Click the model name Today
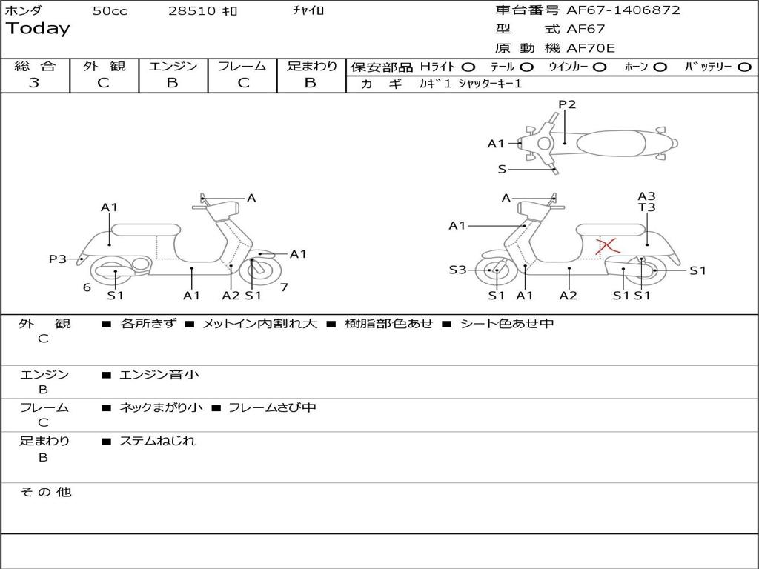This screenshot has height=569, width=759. [38, 29]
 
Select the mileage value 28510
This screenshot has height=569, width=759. [192, 11]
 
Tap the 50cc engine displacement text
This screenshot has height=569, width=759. [110, 11]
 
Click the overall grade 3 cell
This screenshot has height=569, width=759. [34, 82]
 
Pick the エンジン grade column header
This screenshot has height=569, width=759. [173, 66]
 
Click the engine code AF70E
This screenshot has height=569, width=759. [591, 49]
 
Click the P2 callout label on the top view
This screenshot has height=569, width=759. [567, 104]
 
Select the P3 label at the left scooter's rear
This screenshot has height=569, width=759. [58, 259]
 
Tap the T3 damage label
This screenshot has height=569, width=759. [647, 207]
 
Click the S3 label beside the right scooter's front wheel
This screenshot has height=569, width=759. [457, 270]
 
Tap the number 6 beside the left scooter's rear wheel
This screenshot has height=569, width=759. [87, 287]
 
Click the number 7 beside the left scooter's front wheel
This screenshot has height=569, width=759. [284, 287]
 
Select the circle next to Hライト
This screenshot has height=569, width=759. [468, 67]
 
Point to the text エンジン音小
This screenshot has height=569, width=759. [159, 375]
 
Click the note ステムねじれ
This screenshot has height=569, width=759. [158, 441]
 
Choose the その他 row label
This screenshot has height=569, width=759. [46, 492]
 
